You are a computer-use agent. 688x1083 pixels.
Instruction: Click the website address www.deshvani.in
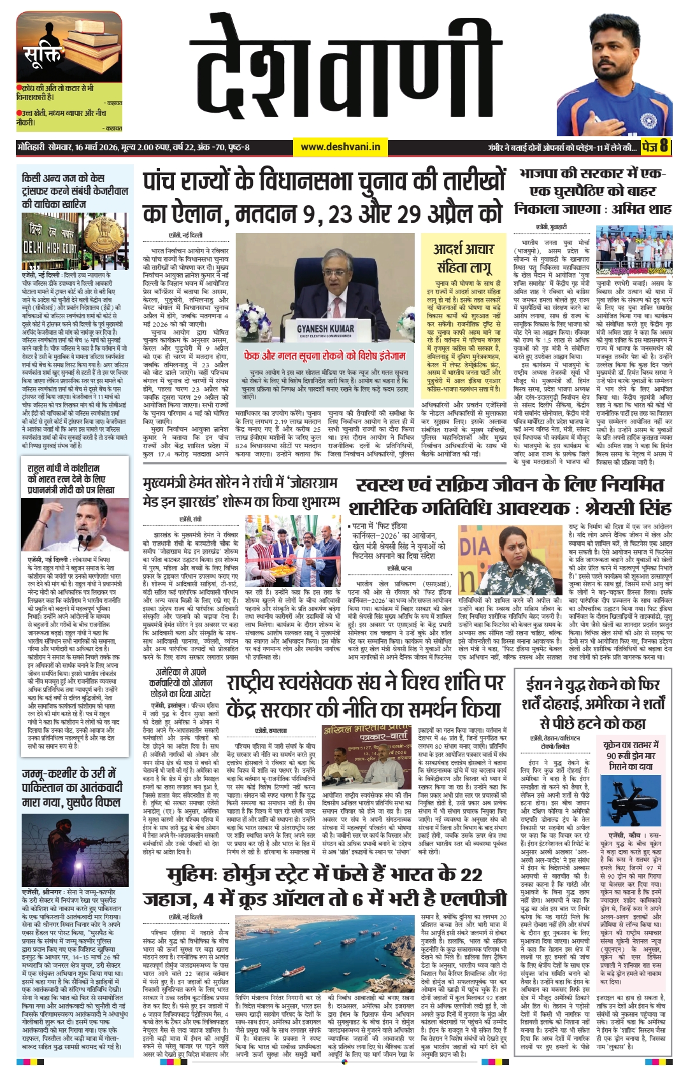pos(340,147)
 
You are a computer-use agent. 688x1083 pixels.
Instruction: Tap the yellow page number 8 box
pos(656,147)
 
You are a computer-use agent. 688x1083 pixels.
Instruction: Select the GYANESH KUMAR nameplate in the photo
pos(325,330)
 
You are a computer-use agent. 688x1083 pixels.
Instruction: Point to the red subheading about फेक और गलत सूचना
pos(325,355)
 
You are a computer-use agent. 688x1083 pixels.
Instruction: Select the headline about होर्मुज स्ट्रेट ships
pos(325,886)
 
